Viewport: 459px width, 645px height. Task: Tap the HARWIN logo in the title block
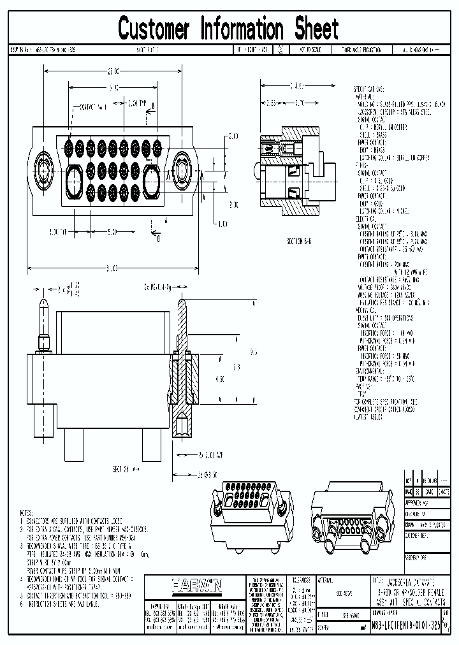point(196,584)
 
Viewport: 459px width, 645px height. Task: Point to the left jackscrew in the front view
point(45,171)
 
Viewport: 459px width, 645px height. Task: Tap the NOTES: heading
point(27,512)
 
